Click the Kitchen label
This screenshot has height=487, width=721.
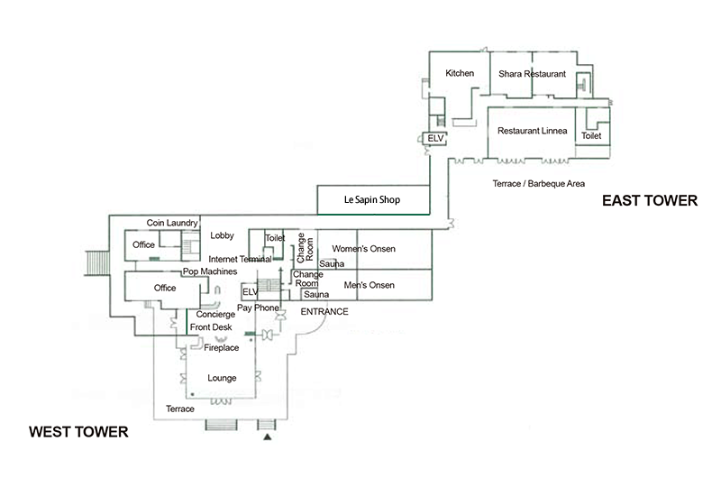(x=460, y=73)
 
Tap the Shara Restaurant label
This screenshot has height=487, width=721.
(x=532, y=74)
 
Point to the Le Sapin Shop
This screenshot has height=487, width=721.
(x=373, y=200)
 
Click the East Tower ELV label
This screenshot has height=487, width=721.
(x=435, y=138)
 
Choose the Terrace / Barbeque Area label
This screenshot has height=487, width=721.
(x=538, y=184)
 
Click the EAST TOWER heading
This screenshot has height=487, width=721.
(x=650, y=201)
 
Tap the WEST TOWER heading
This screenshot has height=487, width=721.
(x=78, y=432)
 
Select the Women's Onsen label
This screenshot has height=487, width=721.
(x=363, y=249)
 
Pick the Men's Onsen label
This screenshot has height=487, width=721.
(x=369, y=285)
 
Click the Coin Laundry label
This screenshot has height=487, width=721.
(x=172, y=223)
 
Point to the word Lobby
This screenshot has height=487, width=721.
(x=222, y=235)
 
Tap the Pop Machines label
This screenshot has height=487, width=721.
(x=210, y=271)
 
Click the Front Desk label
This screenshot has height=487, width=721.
(x=211, y=327)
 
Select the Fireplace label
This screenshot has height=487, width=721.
(x=221, y=348)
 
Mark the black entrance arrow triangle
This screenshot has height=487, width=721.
(x=267, y=436)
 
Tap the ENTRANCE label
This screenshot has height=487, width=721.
(x=324, y=312)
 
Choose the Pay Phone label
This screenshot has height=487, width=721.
(x=258, y=308)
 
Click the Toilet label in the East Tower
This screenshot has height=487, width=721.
(x=591, y=136)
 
